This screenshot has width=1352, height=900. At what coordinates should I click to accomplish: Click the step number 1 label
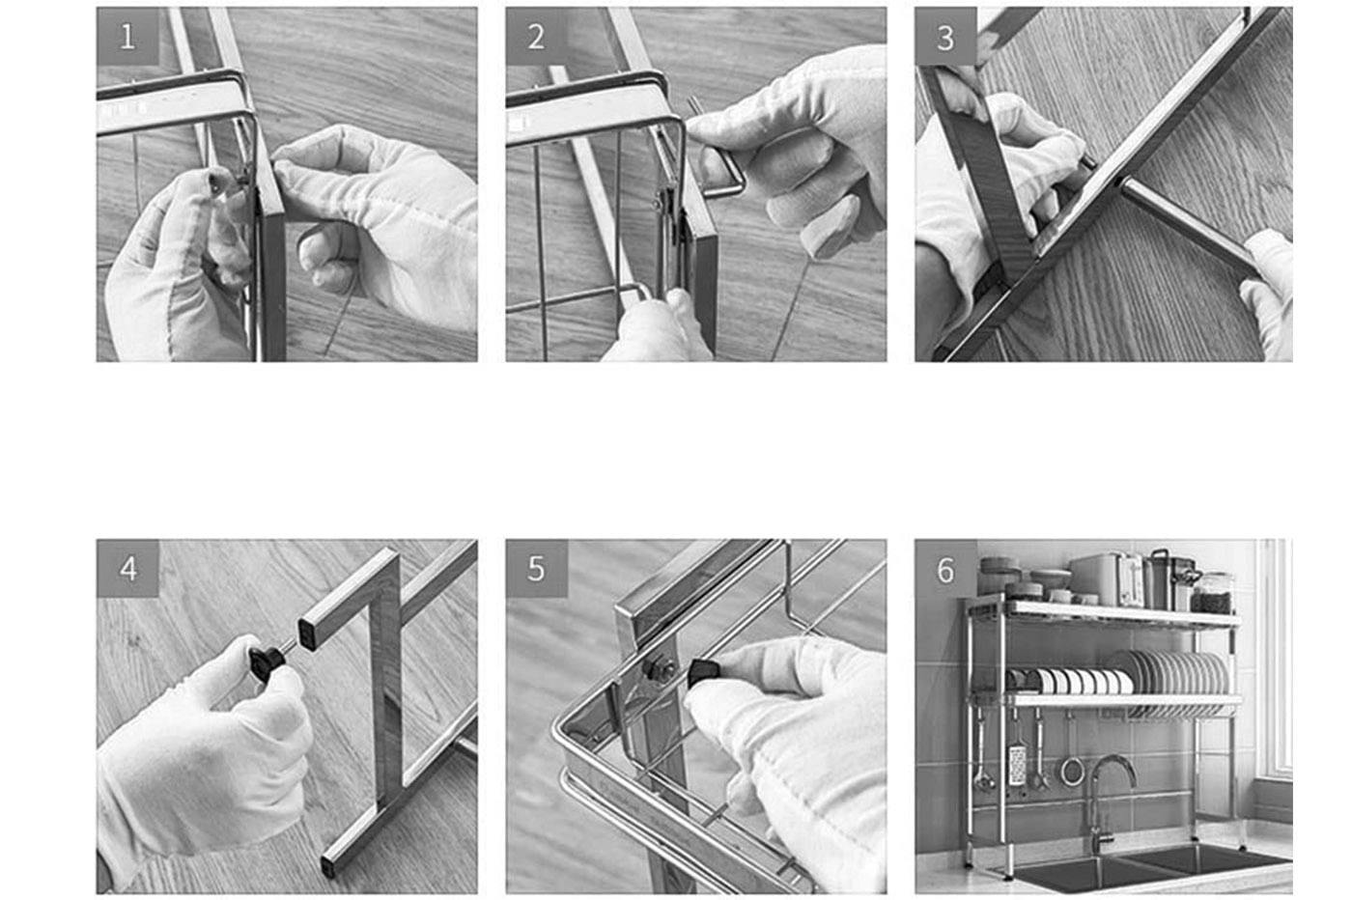(127, 37)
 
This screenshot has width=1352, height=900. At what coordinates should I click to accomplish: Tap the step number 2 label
(536, 37)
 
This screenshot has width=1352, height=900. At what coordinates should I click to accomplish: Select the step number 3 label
(944, 37)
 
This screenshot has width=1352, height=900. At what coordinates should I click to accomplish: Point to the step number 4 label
(127, 569)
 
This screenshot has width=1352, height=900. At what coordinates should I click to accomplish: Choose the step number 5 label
(536, 569)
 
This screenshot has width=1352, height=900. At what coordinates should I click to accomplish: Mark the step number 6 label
(944, 570)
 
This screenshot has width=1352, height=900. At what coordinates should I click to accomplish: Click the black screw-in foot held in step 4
(266, 661)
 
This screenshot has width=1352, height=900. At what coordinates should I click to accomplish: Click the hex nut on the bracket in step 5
(662, 667)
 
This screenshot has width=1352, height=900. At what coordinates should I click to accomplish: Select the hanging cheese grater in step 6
(1017, 763)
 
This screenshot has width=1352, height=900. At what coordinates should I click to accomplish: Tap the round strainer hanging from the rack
(1072, 769)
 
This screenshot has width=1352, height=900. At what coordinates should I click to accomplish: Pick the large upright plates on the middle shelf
(1173, 673)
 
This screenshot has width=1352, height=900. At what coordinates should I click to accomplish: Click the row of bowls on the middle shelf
(1072, 681)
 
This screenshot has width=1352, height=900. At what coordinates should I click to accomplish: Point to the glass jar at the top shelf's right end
(1214, 593)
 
